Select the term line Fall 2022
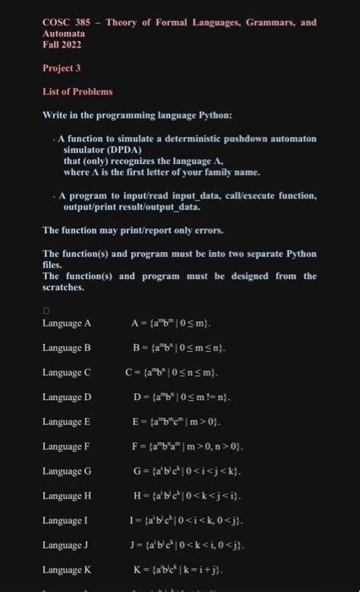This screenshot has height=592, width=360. [61, 45]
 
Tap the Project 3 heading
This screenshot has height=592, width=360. [60, 69]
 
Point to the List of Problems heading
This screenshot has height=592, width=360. [77, 91]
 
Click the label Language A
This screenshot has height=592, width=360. [67, 323]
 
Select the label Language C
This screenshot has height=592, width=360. [67, 371]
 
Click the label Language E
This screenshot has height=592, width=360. [67, 420]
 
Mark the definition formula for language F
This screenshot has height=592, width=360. [193, 445]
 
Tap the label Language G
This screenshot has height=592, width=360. [67, 469]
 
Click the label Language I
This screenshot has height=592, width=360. [66, 519]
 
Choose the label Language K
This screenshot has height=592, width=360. [67, 568]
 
